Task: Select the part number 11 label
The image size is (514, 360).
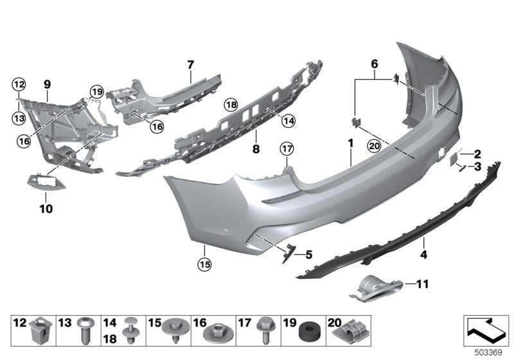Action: click(x=421, y=283)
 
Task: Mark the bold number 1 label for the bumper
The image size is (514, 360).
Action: click(x=351, y=141)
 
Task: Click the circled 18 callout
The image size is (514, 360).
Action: click(x=231, y=104)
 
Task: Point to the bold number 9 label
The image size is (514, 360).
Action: click(x=47, y=84)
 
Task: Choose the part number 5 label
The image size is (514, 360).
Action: click(x=308, y=254)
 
